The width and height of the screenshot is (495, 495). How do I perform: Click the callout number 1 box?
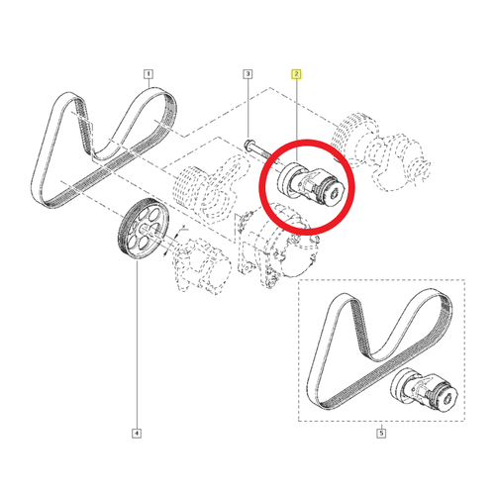[148, 73]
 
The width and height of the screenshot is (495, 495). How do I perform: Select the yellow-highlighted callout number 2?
[295, 73]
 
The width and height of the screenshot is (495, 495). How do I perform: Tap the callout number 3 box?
[247, 73]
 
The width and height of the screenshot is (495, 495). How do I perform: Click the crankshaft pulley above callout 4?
[141, 231]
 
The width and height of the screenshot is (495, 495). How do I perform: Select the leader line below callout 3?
[247, 109]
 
